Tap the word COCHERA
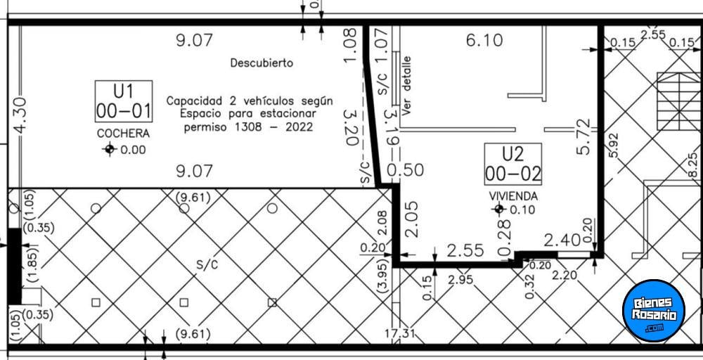tap(123, 134)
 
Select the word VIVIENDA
tap(513, 196)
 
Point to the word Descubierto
tap(262, 63)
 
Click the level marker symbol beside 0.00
tap(110, 149)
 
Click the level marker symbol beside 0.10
tap(498, 209)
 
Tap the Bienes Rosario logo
tap(654, 310)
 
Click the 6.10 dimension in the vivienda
tap(484, 40)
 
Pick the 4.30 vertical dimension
tap(20, 116)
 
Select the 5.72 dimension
tap(583, 136)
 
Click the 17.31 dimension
tap(400, 333)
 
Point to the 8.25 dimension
tap(692, 165)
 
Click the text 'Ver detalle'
tap(406, 86)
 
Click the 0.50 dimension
tap(406, 170)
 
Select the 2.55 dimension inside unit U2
tap(465, 250)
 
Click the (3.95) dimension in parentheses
tap(384, 276)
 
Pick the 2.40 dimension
tap(562, 240)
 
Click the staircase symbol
tap(678, 101)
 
